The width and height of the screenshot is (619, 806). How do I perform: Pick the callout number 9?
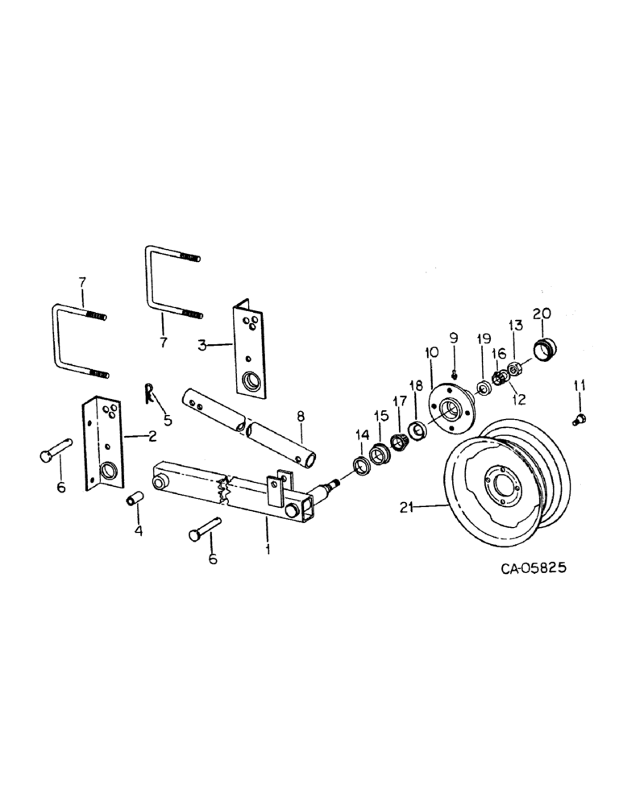pos(453,337)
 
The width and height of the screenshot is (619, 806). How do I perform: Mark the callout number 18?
pos(417,388)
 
